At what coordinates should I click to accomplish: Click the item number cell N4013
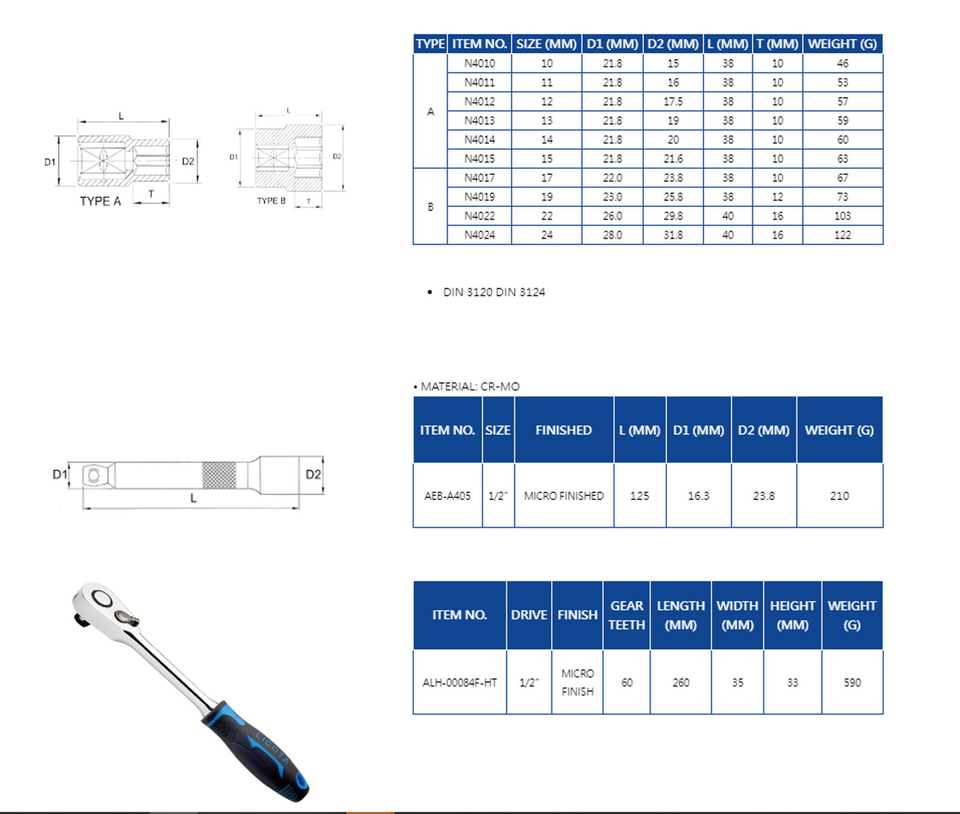(x=479, y=121)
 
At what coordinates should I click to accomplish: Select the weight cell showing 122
(x=842, y=235)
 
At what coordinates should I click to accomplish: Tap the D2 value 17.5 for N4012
(x=673, y=102)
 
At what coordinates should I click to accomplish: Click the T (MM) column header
(x=777, y=44)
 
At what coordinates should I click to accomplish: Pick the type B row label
(x=431, y=207)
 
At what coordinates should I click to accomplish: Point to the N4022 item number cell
(x=479, y=216)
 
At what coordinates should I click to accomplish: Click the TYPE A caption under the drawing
(x=100, y=201)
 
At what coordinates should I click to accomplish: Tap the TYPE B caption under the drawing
(x=271, y=201)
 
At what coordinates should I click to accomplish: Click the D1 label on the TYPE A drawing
(x=50, y=162)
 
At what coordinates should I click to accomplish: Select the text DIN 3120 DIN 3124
(x=494, y=292)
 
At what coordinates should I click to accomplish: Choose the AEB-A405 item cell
(x=447, y=496)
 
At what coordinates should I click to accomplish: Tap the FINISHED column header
(x=563, y=430)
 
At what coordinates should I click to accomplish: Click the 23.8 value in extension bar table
(x=763, y=496)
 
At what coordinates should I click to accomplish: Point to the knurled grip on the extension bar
(x=218, y=475)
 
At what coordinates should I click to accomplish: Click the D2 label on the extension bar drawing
(x=313, y=474)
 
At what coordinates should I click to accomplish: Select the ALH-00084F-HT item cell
(x=459, y=682)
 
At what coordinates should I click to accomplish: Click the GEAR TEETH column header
(x=626, y=615)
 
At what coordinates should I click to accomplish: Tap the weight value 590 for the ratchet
(x=852, y=682)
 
